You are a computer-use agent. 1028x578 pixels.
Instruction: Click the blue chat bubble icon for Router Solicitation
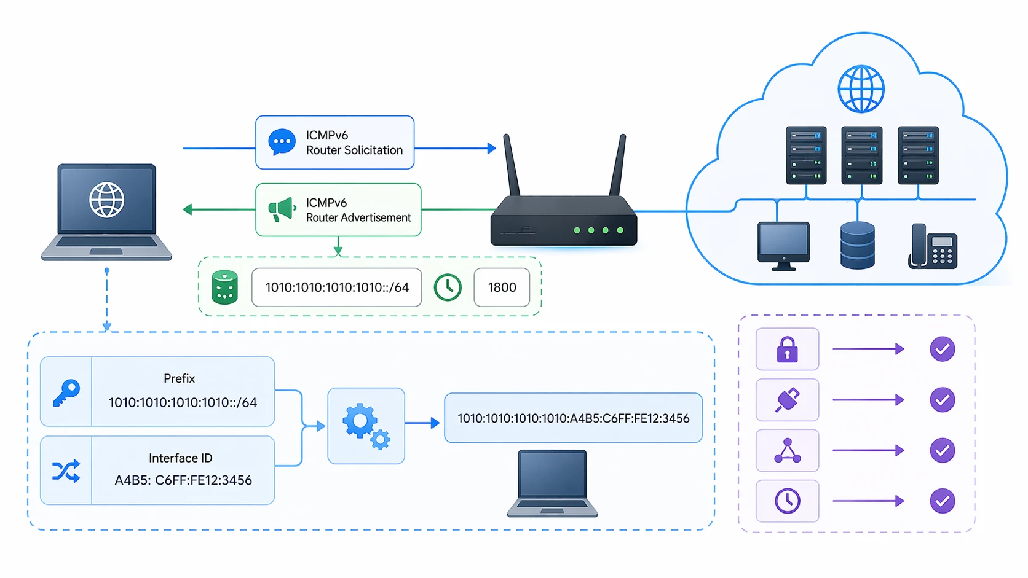[x=282, y=142]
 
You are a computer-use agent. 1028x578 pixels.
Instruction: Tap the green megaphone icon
[x=282, y=209]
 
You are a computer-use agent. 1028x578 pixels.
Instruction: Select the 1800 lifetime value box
[x=502, y=287]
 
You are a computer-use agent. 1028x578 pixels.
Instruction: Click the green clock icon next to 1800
[x=448, y=287]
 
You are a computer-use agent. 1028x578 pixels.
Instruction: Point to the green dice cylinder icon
[x=224, y=287]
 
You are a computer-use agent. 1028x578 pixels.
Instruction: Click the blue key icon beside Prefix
[x=66, y=392]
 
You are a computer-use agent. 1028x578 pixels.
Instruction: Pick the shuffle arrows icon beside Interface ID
[x=66, y=471]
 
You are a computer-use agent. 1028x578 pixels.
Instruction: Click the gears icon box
[x=366, y=426]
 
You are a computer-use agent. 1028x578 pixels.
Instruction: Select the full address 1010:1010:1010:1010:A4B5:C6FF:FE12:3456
[x=573, y=418]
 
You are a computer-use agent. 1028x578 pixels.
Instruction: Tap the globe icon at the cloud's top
[x=861, y=89]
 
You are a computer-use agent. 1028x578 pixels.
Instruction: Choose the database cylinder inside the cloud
[x=857, y=246]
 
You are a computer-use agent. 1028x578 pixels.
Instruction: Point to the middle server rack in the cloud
[x=861, y=155]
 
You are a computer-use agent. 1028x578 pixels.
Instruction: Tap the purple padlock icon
[x=787, y=350]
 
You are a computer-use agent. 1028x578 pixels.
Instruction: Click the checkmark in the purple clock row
[x=942, y=501]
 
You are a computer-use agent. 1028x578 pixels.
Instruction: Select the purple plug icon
[x=787, y=400]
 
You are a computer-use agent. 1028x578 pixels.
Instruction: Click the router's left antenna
[x=512, y=166]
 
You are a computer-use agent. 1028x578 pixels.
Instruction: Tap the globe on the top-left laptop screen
[x=106, y=200]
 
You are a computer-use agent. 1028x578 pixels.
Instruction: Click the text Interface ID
[x=180, y=458]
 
